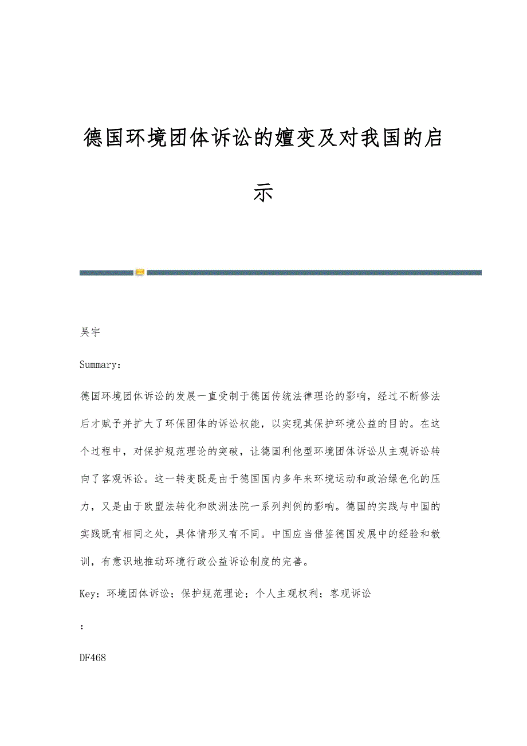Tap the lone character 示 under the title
coord(263,193)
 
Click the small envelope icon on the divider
coord(140,272)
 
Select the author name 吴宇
coord(91,332)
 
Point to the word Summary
coord(98,364)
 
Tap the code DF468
coord(93,658)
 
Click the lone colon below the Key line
coord(82,626)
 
